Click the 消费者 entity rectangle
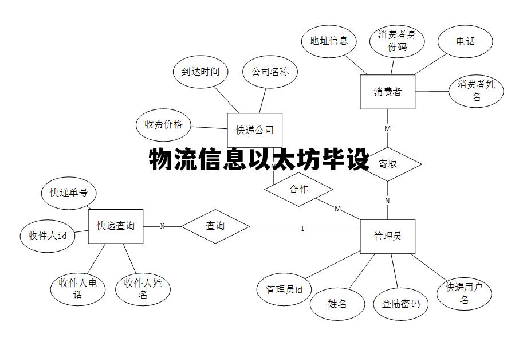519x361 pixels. coord(388,92)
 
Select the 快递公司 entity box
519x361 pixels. coord(255,130)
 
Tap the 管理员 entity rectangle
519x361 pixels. coord(388,236)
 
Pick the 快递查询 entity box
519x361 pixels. coord(115,226)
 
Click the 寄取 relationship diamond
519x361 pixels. coord(388,164)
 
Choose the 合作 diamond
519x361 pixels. coord(298,189)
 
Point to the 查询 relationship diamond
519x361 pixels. coord(215,226)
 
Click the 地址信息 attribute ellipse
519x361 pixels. coord(329,41)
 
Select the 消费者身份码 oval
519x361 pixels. coord(396,41)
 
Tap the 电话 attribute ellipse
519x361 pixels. coord(465,41)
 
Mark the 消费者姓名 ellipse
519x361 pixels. coord(476,91)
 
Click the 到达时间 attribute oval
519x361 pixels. coord(200,72)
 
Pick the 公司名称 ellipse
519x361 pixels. coord(270,72)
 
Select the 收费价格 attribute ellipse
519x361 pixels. coord(163,124)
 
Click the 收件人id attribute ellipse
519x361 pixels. coord(48,235)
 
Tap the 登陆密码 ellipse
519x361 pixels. coord(401,304)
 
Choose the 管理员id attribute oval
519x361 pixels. coord(284,289)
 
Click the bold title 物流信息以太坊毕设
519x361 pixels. coord(259,160)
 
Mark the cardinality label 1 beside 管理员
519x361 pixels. coord(302,229)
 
